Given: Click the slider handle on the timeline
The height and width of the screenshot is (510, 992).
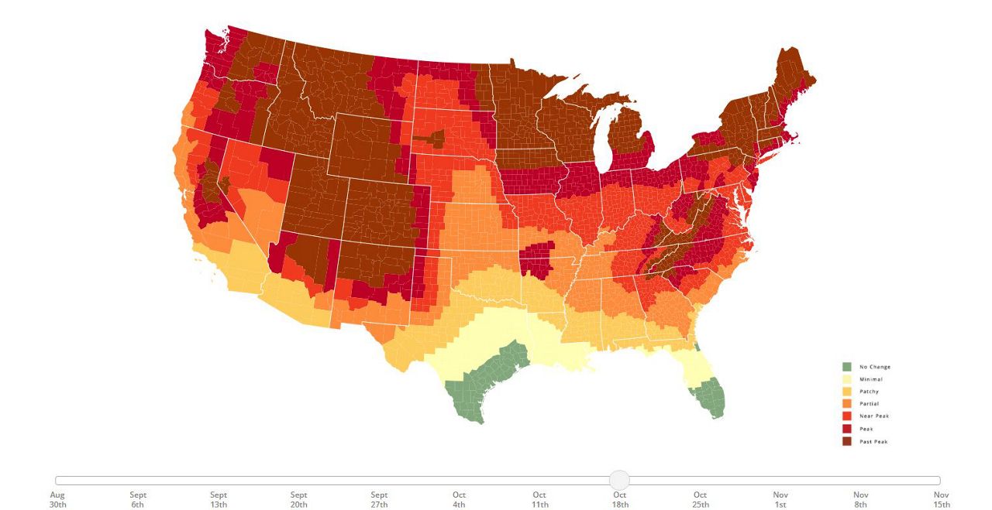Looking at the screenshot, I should tap(619, 480).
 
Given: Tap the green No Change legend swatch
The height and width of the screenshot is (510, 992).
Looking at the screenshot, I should tap(847, 367).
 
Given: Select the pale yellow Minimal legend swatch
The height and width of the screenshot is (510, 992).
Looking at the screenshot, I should tap(847, 379).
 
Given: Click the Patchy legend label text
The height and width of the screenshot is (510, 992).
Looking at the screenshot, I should tap(869, 392).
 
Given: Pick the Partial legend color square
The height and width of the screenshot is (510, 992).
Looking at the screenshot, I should tap(847, 404).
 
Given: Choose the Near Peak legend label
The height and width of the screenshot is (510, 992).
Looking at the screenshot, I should tap(874, 416).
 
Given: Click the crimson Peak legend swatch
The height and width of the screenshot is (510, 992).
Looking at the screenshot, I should tap(847, 429).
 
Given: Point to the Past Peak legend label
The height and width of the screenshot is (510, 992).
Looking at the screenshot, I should tap(873, 441).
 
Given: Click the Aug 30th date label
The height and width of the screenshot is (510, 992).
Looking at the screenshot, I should tap(58, 499).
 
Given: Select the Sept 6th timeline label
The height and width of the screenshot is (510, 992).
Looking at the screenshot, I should tap(138, 499).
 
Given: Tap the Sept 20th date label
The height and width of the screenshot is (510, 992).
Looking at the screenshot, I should tap(298, 499).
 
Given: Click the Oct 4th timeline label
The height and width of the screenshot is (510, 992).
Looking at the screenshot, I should tap(460, 499).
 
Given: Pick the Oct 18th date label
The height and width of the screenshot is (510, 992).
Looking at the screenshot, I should tap(620, 499).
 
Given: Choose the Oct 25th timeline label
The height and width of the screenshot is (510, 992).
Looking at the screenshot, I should tap(700, 499).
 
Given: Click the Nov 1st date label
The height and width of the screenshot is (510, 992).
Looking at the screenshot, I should tap(780, 499).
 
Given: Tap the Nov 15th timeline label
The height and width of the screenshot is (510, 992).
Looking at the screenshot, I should tap(941, 499).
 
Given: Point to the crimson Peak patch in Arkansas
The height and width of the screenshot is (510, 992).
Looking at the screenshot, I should tap(537, 258).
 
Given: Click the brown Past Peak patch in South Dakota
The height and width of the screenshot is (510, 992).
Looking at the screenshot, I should tap(431, 139).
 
